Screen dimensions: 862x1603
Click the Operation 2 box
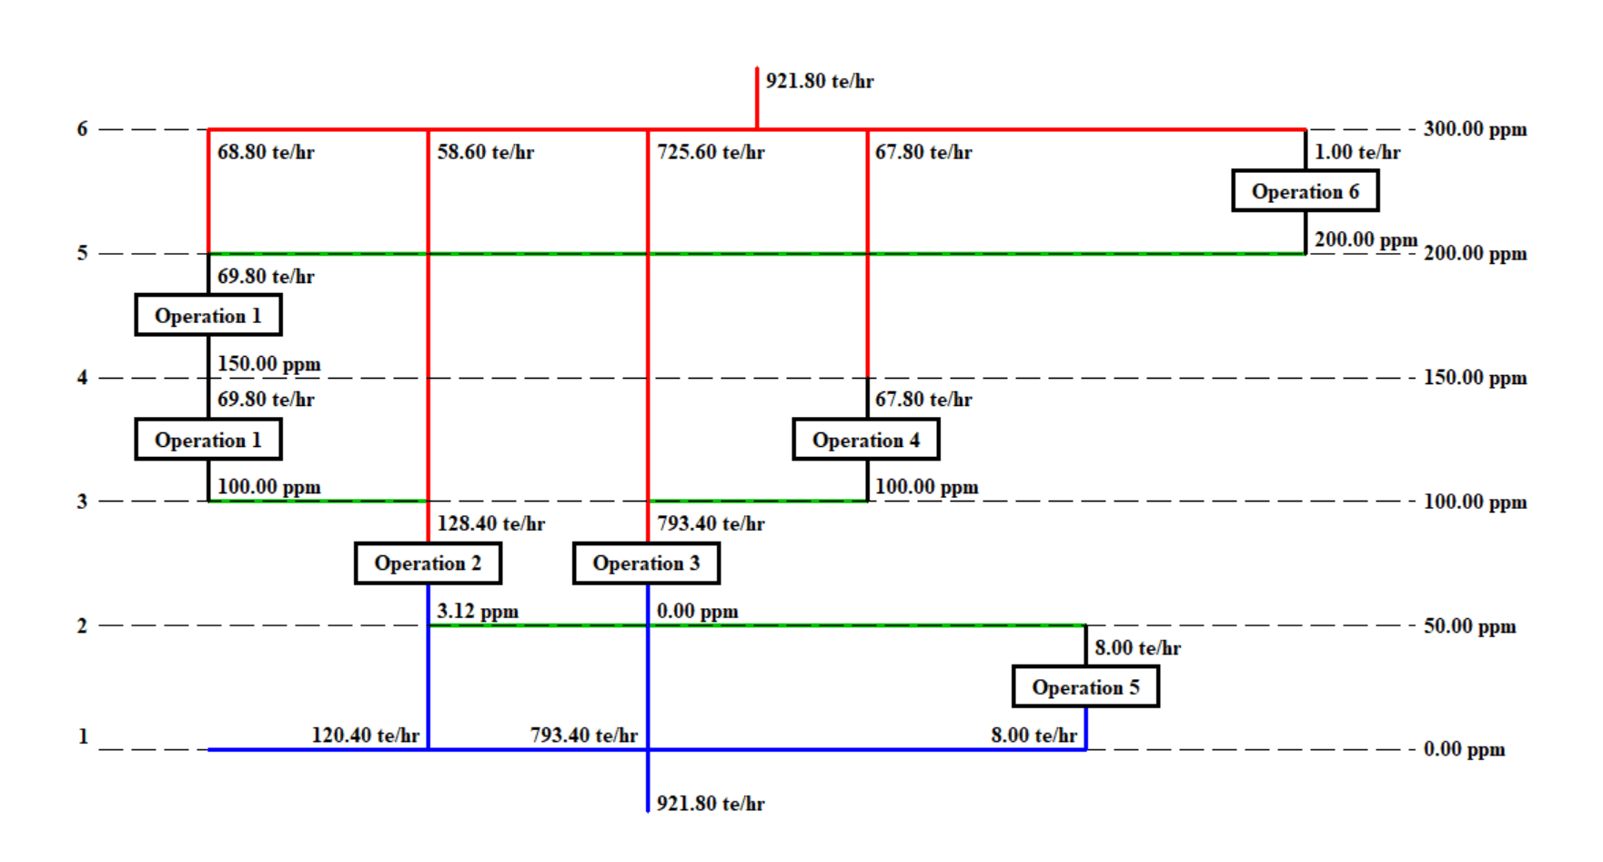point(428,563)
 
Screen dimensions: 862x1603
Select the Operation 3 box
point(646,563)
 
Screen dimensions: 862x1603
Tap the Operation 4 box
point(865,440)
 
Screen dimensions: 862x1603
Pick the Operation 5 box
point(1085,687)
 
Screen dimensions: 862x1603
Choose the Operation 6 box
point(1305,191)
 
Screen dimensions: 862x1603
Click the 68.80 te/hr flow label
point(266,152)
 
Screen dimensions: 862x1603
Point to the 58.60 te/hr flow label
point(485,152)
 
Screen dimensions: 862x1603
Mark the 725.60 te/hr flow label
point(711,152)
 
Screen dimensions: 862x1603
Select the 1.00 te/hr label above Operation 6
point(1356,152)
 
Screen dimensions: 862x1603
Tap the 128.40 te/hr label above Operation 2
point(490,523)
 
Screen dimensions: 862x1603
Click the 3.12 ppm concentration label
point(478,611)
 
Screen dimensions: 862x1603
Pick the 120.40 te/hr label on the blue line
point(365,735)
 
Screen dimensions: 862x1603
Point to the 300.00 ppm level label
point(1475,129)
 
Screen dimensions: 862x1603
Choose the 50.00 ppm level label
point(1469,626)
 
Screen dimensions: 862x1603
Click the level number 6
point(82,129)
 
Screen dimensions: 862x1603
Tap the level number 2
point(82,626)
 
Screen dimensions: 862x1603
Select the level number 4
point(82,378)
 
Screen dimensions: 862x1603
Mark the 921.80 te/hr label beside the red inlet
point(819,81)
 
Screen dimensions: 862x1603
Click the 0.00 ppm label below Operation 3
point(697,611)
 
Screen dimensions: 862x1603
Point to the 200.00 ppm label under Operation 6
point(1366,239)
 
